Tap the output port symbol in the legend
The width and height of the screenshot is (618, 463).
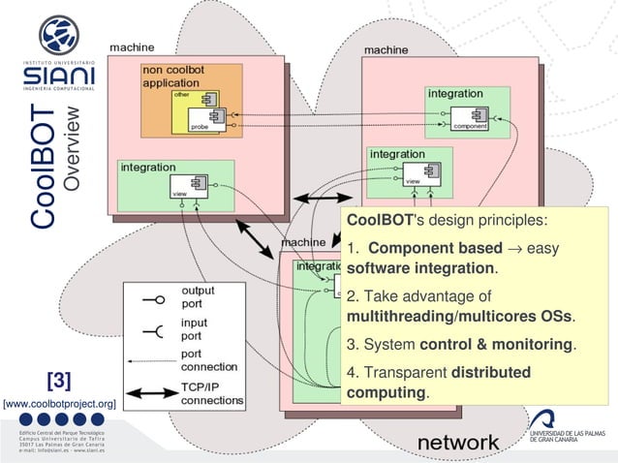pos(155,300)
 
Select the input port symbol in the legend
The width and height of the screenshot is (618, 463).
pos(155,331)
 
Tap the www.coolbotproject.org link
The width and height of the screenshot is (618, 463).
pos(60,402)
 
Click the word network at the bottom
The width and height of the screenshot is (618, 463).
pos(458,443)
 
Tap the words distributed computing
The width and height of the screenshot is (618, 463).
pos(438,383)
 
